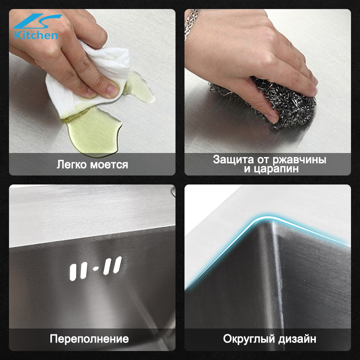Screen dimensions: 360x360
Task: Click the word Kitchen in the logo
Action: pos(36,36)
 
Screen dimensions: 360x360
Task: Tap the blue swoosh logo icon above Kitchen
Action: pos(37,21)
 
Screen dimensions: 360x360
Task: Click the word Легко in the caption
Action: pos(72,164)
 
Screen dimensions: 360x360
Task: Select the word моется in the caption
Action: pos(109,165)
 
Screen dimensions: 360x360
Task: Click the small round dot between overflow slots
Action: pos(96,269)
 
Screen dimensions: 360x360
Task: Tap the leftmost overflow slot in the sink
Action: pos(73,272)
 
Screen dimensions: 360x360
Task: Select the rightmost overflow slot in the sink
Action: pos(117,265)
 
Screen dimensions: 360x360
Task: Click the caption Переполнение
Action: pos(89,339)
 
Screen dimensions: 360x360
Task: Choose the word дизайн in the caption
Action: pos(297,339)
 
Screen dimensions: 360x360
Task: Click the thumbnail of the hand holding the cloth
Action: pos(92,92)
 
